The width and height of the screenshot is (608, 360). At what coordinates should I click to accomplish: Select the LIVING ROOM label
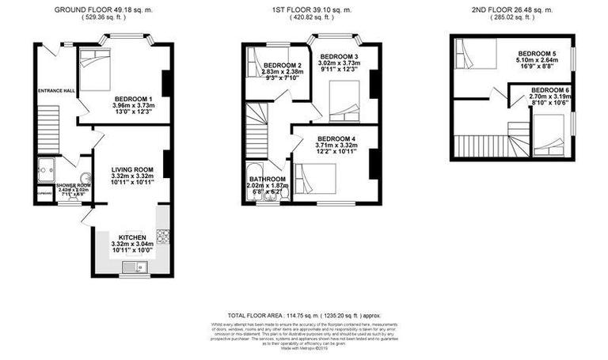131,169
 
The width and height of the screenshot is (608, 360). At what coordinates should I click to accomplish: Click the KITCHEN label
131,237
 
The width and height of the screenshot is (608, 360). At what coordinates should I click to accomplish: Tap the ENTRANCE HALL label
55,91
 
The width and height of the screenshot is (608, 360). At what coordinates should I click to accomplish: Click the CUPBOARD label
43,193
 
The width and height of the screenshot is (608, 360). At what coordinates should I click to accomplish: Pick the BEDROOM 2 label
283,65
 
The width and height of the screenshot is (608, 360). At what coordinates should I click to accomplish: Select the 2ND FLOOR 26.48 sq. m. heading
522,9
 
